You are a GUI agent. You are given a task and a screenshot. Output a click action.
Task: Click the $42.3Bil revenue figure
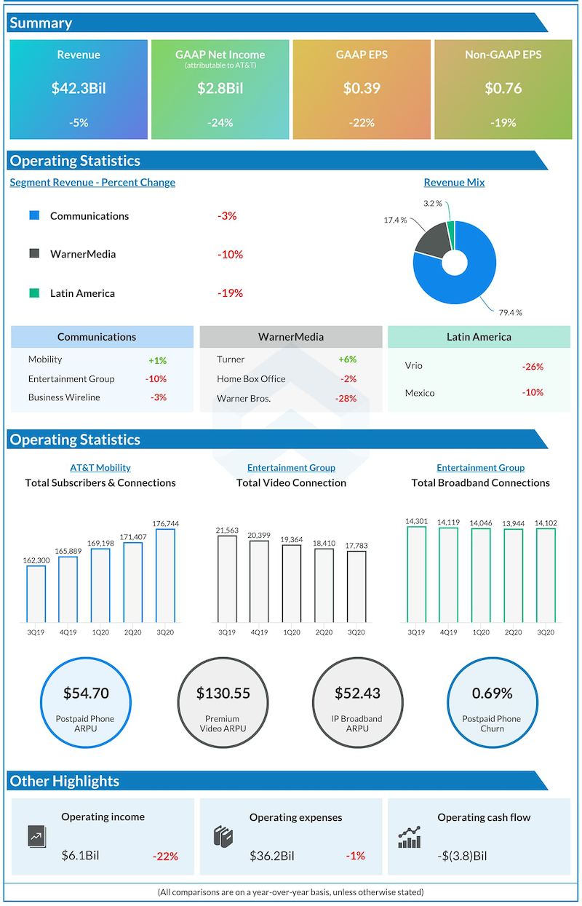click(x=79, y=88)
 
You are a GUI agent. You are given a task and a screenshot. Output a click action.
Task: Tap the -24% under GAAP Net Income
click(x=220, y=123)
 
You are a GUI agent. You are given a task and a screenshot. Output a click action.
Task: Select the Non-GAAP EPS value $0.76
click(x=503, y=88)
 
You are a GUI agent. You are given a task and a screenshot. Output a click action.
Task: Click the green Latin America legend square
click(x=34, y=293)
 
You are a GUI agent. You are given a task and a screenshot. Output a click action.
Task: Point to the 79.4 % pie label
click(x=510, y=313)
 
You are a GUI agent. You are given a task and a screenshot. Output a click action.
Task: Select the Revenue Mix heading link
click(x=454, y=183)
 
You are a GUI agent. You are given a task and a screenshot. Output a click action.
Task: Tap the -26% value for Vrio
click(x=533, y=367)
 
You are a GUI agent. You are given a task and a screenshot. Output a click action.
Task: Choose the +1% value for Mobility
click(x=157, y=359)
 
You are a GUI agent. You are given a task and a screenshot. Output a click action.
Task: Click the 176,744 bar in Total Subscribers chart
click(x=165, y=575)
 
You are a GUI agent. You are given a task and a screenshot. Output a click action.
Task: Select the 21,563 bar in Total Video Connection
click(x=227, y=579)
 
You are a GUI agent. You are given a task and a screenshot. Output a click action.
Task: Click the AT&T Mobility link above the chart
click(x=100, y=468)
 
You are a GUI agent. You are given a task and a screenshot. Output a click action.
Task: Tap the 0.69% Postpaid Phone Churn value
click(x=492, y=694)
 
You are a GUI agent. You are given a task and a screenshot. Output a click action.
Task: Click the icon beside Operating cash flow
click(x=410, y=838)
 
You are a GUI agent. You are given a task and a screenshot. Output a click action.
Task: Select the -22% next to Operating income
click(x=165, y=857)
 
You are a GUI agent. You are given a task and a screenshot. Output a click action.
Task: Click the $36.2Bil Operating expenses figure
click(x=271, y=856)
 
